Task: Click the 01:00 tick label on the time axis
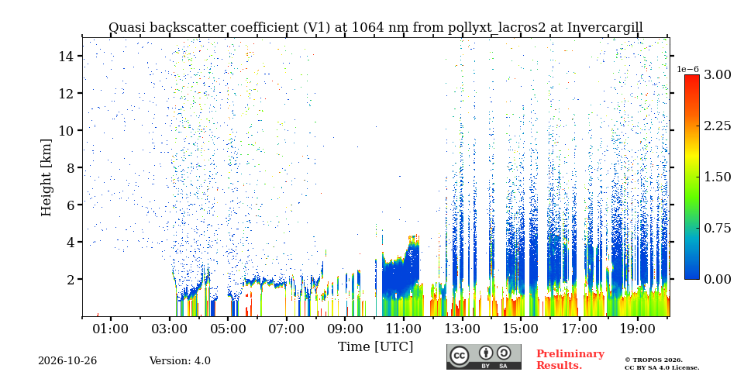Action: pyautogui.click(x=112, y=329)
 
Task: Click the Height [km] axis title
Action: pyautogui.click(x=46, y=177)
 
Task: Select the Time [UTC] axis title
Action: pyautogui.click(x=375, y=347)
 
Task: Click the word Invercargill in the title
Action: pyautogui.click(x=605, y=28)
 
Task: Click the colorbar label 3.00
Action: pyautogui.click(x=718, y=74)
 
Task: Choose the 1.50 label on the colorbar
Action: pyautogui.click(x=718, y=177)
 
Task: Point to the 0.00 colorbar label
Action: pyautogui.click(x=718, y=279)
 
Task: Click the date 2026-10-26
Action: pyautogui.click(x=67, y=361)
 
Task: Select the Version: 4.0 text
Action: pyautogui.click(x=180, y=361)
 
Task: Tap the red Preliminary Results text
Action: pyautogui.click(x=570, y=360)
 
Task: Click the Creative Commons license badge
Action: pyautogui.click(x=484, y=356)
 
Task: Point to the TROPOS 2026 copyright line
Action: pyautogui.click(x=653, y=360)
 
